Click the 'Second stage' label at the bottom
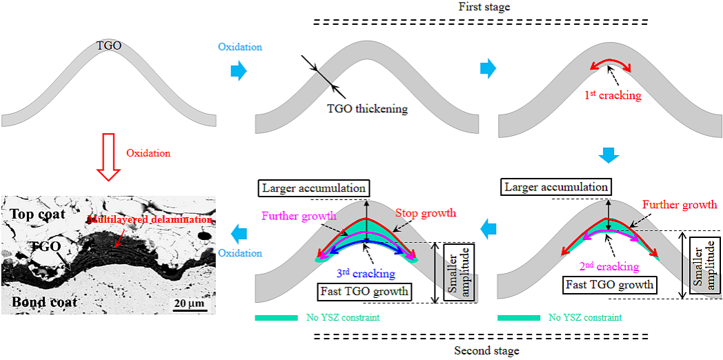(x=486, y=350)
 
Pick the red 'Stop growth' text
(x=426, y=212)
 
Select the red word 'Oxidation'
(x=148, y=152)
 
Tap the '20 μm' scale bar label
(x=188, y=303)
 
